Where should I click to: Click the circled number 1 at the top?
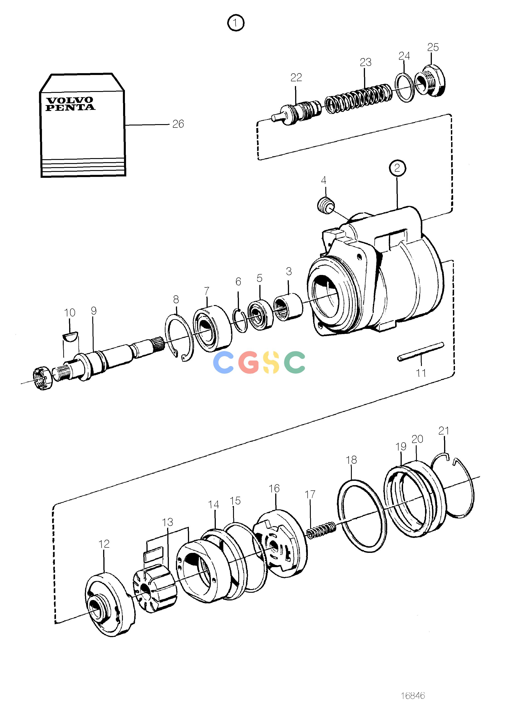[x=236, y=23]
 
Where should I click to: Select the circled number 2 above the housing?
[x=397, y=168]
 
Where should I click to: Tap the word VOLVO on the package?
[x=70, y=100]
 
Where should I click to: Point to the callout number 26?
[x=178, y=124]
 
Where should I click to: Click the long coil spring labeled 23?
[x=357, y=99]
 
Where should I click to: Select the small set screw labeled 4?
[x=326, y=206]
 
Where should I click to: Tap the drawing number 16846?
[x=413, y=695]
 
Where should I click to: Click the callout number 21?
[x=444, y=431]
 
